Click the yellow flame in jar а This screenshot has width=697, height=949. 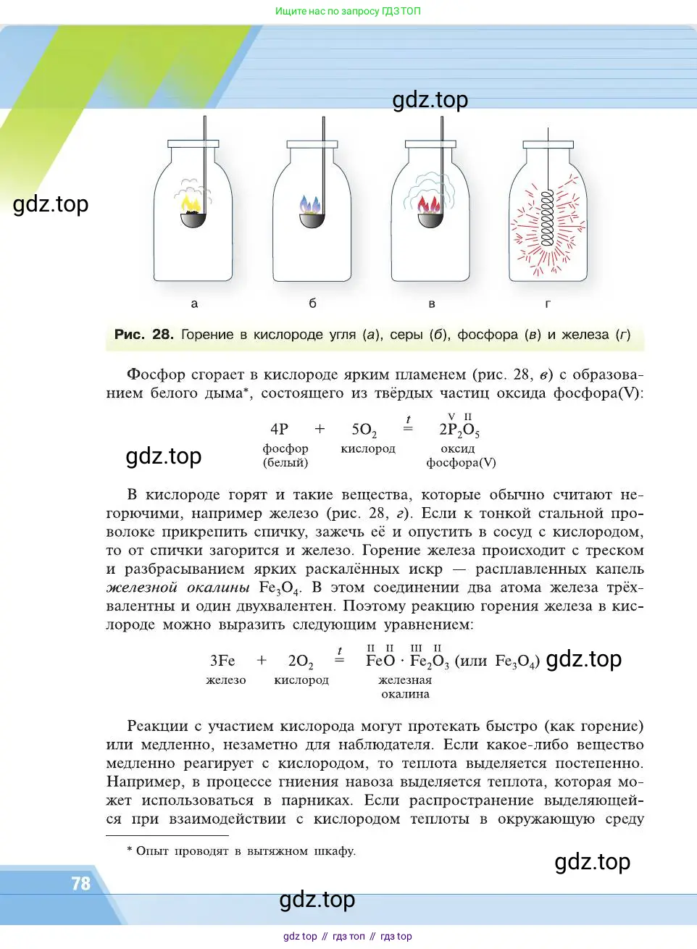pyautogui.click(x=191, y=203)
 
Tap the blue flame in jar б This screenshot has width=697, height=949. pyautogui.click(x=311, y=205)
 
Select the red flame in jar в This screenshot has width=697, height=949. pyautogui.click(x=429, y=205)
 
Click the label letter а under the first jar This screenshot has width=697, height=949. pyautogui.click(x=194, y=304)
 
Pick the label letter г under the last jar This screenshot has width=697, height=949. pyautogui.click(x=548, y=304)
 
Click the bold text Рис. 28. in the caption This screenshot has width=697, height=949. pyautogui.click(x=143, y=335)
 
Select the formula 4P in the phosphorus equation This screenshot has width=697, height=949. pyautogui.click(x=279, y=429)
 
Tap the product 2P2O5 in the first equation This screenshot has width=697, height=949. pyautogui.click(x=459, y=430)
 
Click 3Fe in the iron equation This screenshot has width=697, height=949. pyautogui.click(x=222, y=661)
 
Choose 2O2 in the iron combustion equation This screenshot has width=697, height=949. pyautogui.click(x=301, y=661)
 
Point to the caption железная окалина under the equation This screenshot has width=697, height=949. pyautogui.click(x=405, y=687)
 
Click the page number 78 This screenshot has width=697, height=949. pyautogui.click(x=80, y=884)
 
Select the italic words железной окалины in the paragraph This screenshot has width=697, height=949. pyautogui.click(x=178, y=588)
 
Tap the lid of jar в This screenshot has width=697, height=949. pyautogui.click(x=430, y=144)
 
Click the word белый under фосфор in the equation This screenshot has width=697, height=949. pyautogui.click(x=285, y=462)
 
